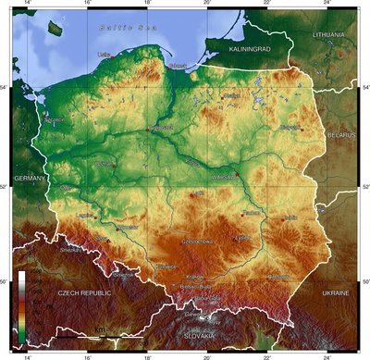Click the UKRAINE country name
click(x=336, y=292)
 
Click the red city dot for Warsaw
click(x=238, y=175)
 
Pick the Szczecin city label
click(x=54, y=119)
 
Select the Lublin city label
click(x=290, y=217)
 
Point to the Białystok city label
click(x=292, y=127)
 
